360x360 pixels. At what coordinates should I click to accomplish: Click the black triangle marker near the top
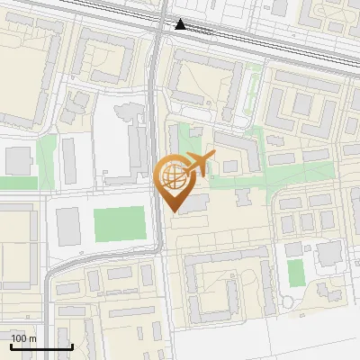tap(181, 24)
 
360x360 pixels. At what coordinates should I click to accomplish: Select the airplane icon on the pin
tap(197, 163)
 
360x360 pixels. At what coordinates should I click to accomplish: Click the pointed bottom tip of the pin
tap(172, 211)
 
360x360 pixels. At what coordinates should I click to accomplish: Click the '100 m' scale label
tap(23, 338)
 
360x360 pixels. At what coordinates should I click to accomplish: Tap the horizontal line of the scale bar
tap(41, 346)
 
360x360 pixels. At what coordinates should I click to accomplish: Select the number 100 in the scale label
tap(19, 338)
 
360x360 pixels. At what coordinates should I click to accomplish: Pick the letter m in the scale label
tap(31, 338)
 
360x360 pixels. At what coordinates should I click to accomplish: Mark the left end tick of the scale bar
tap(11, 345)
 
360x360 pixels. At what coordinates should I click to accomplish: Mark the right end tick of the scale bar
tap(72, 345)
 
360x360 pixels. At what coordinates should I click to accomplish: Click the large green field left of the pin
tap(119, 225)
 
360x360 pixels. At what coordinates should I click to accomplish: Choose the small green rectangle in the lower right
tap(295, 273)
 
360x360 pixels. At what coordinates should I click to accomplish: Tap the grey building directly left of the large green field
tap(68, 227)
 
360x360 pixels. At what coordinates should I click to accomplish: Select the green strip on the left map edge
tap(18, 183)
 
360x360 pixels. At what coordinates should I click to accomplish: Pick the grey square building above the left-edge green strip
tap(18, 160)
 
